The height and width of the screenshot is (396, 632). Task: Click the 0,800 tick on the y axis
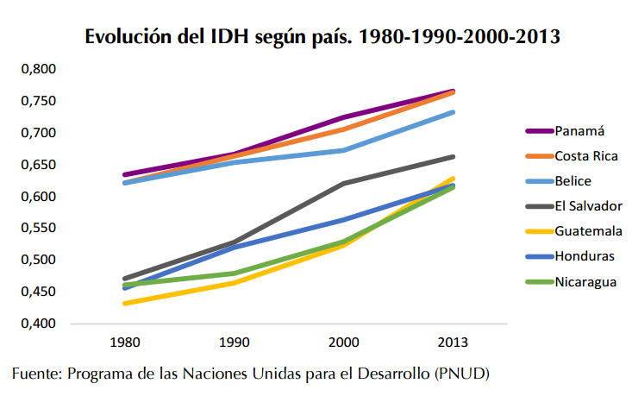tap(37, 69)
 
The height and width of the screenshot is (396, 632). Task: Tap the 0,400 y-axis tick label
tap(37, 324)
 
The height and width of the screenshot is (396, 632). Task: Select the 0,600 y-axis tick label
tap(37, 197)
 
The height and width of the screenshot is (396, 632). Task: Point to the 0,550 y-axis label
tap(37, 229)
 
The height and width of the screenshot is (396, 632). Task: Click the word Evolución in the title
tap(126, 37)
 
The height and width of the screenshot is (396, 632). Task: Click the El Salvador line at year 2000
tap(343, 184)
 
